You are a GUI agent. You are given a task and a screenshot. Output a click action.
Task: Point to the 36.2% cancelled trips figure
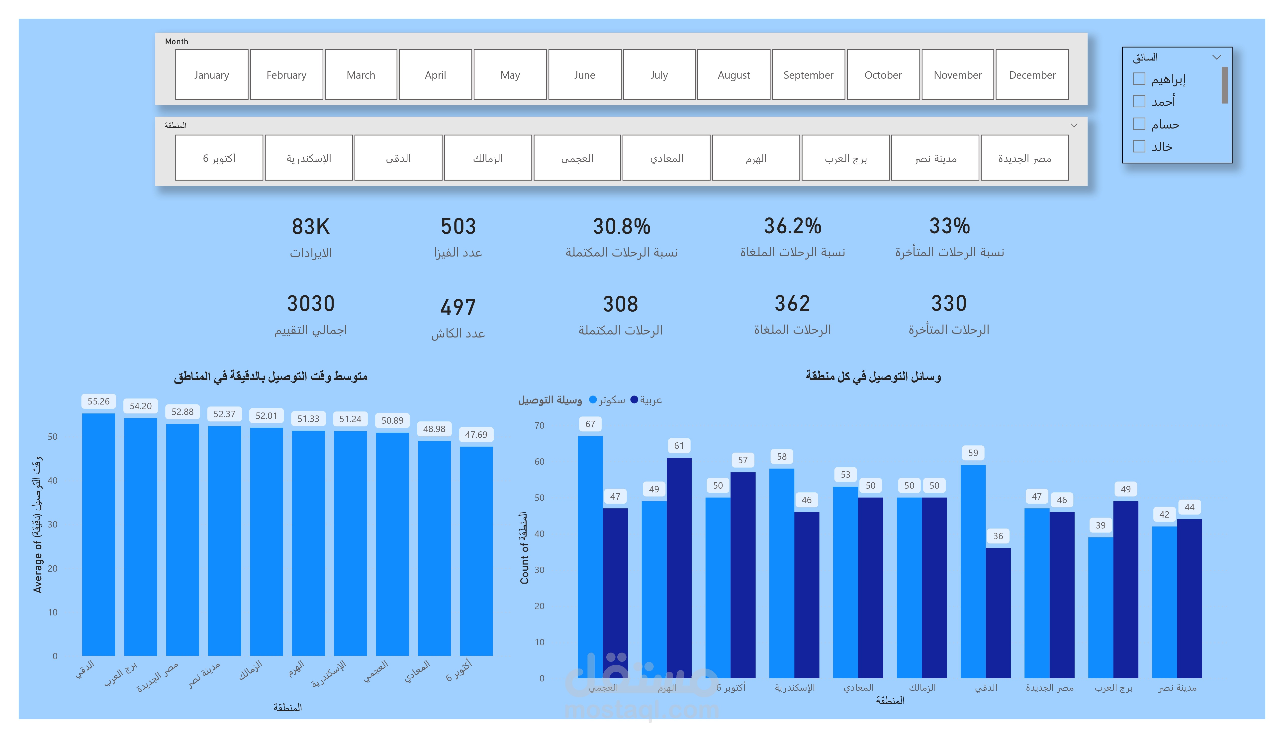pos(792,226)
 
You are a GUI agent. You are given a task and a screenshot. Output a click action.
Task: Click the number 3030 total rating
pos(310,304)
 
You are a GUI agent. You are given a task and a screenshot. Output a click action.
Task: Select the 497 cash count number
pos(458,307)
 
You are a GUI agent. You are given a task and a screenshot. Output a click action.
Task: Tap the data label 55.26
pos(98,401)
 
